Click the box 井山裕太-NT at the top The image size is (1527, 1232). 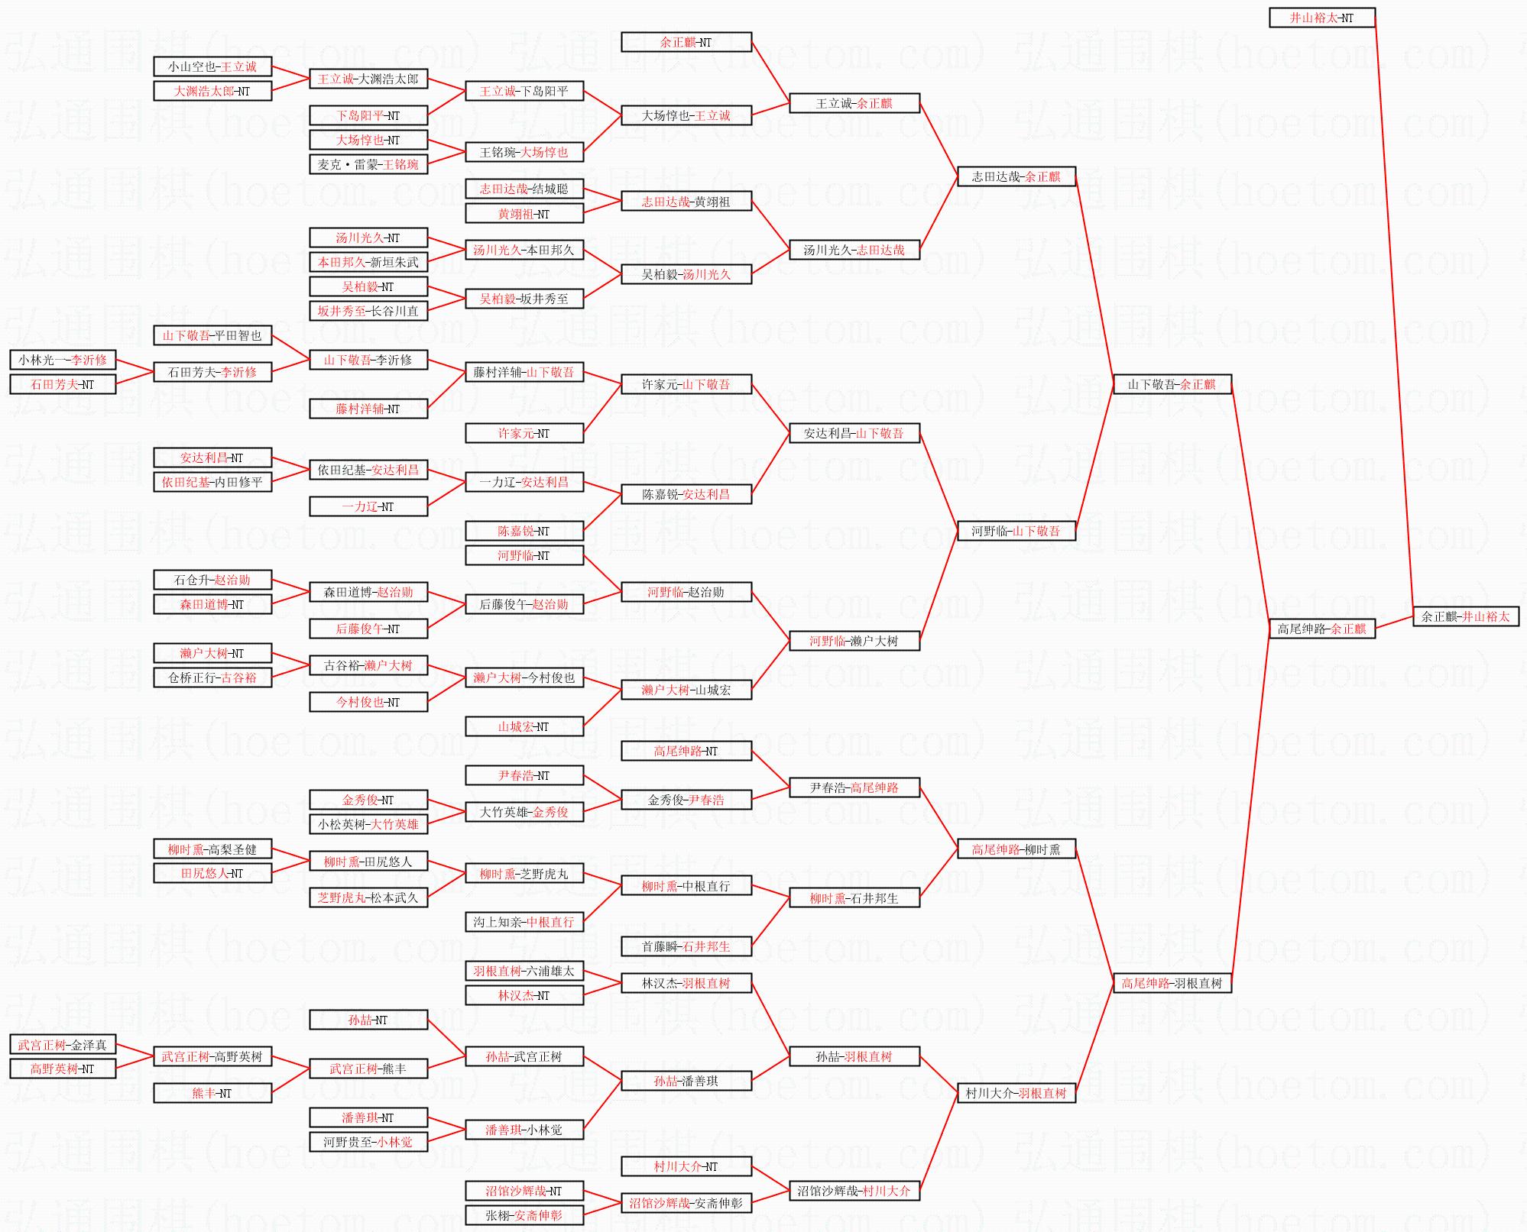pos(1321,18)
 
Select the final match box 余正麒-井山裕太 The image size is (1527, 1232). pos(1465,616)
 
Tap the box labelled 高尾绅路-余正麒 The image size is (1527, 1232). pos(1321,629)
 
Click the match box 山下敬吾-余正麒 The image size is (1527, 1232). pos(1172,384)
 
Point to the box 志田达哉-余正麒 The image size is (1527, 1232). pos(1016,176)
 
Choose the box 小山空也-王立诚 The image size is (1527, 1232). pos(212,66)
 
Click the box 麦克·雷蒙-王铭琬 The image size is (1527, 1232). pos(368,164)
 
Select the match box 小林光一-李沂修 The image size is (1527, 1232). pos(63,360)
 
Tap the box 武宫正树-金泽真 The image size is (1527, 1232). pos(63,1045)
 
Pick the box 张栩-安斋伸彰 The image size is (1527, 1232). pos(524,1215)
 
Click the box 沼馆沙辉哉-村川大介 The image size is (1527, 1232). pos(854,1191)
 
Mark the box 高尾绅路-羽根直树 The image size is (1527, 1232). pos(1172,983)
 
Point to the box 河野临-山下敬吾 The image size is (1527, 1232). pos(1016,531)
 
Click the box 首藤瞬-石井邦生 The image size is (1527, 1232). pos(686,946)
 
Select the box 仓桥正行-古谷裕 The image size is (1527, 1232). pos(212,677)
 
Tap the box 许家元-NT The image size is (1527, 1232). pos(524,433)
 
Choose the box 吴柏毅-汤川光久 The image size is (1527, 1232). pos(686,274)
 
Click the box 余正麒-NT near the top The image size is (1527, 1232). pos(686,42)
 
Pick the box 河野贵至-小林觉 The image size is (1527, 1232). pos(368,1142)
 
